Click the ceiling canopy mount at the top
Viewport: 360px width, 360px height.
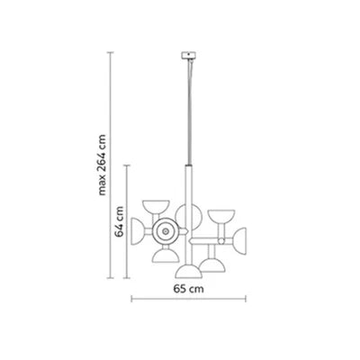point(188,56)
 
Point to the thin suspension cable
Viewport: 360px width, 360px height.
point(189,112)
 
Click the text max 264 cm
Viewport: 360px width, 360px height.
point(103,165)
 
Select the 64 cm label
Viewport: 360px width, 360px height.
point(120,221)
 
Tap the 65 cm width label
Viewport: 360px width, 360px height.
point(188,289)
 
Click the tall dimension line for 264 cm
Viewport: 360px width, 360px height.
point(111,166)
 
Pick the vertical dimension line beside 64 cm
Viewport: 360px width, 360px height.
point(127,221)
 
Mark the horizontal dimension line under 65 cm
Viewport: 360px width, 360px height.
point(189,299)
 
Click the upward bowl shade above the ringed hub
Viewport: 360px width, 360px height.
point(156,206)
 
